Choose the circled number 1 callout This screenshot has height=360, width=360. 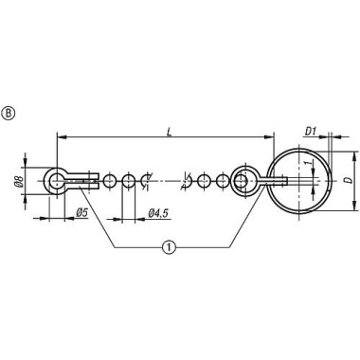coord(168,248)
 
